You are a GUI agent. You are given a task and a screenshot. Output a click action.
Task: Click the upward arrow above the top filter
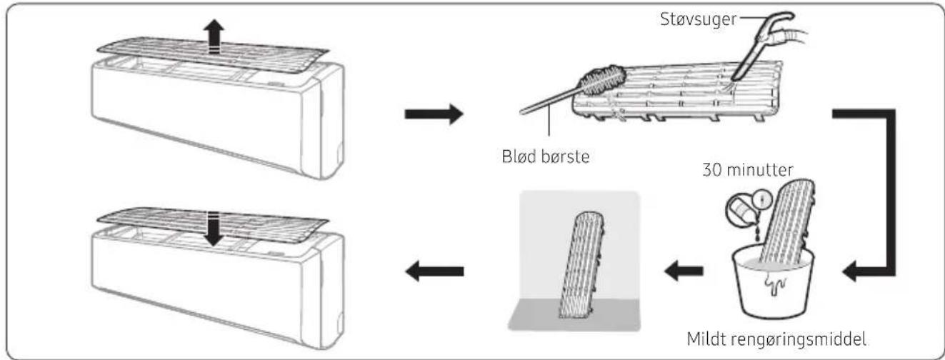click(214, 36)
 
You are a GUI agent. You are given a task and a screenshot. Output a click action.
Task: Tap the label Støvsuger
click(698, 19)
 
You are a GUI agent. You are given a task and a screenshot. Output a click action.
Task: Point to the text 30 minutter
click(748, 170)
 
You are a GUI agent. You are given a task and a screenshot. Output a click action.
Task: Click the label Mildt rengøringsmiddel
click(776, 339)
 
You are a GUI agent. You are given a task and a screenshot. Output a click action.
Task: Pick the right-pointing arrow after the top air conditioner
click(434, 114)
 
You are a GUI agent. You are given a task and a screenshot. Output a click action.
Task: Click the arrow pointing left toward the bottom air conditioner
click(434, 271)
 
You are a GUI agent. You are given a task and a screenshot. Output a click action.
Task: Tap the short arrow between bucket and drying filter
click(684, 270)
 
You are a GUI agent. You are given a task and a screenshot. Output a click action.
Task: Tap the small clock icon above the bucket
click(761, 199)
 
